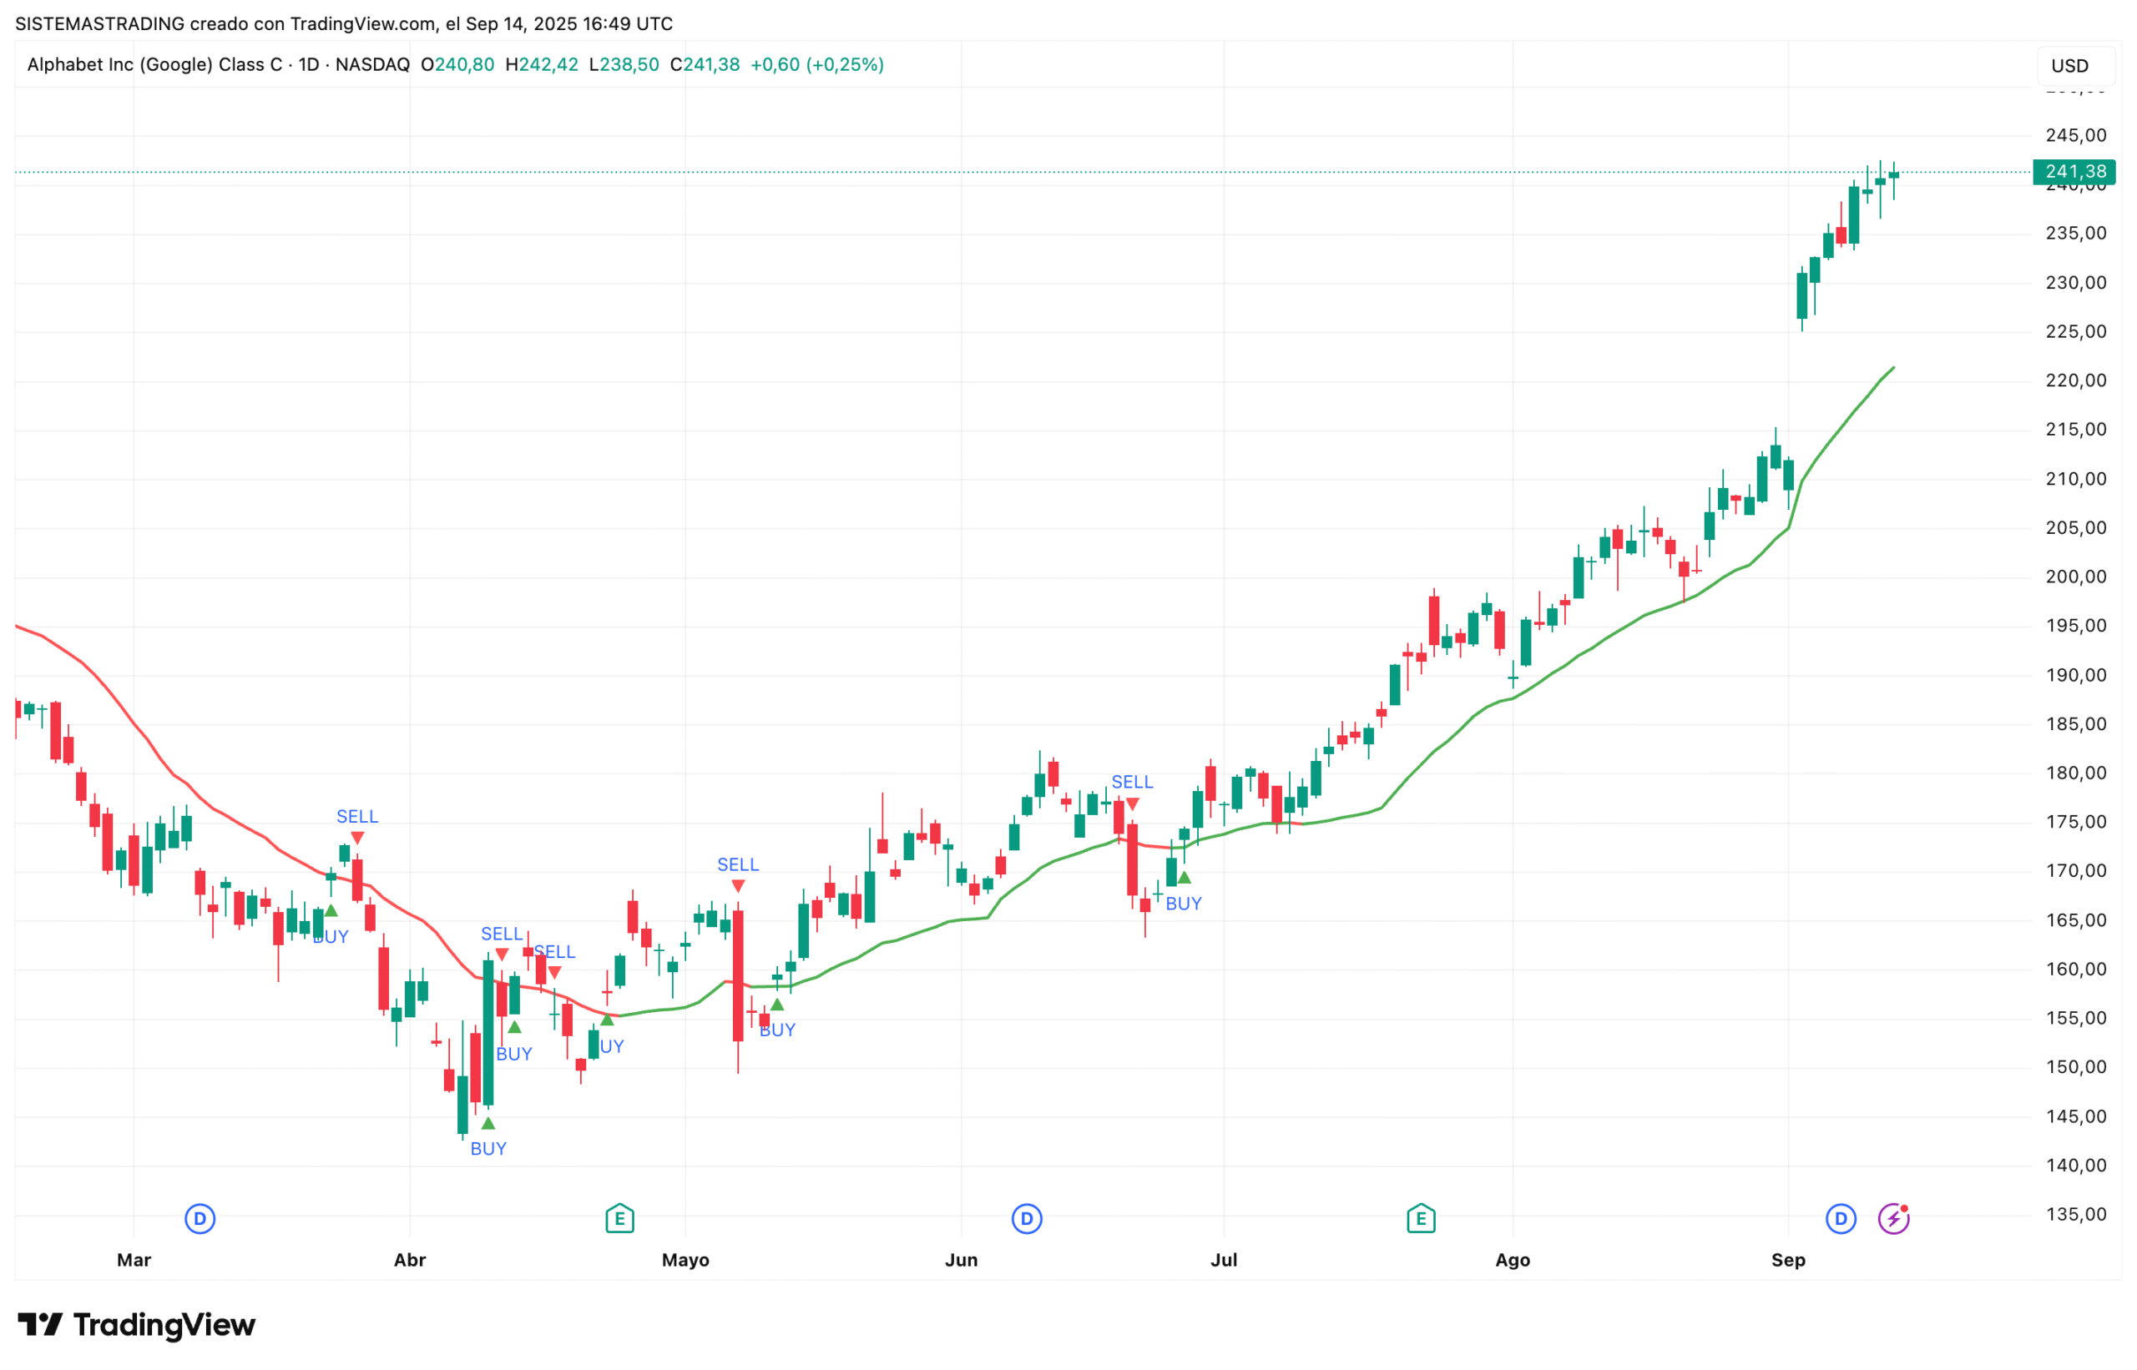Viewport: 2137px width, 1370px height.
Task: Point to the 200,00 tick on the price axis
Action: click(2075, 577)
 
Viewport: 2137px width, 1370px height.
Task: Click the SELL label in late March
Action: click(357, 817)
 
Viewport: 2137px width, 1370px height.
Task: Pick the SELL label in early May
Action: click(737, 864)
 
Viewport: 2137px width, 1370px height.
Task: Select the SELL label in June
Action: click(1131, 782)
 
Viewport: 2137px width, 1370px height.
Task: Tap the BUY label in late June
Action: click(1183, 904)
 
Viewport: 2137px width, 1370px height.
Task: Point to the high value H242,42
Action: click(541, 65)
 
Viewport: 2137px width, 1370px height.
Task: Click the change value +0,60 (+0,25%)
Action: click(816, 65)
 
